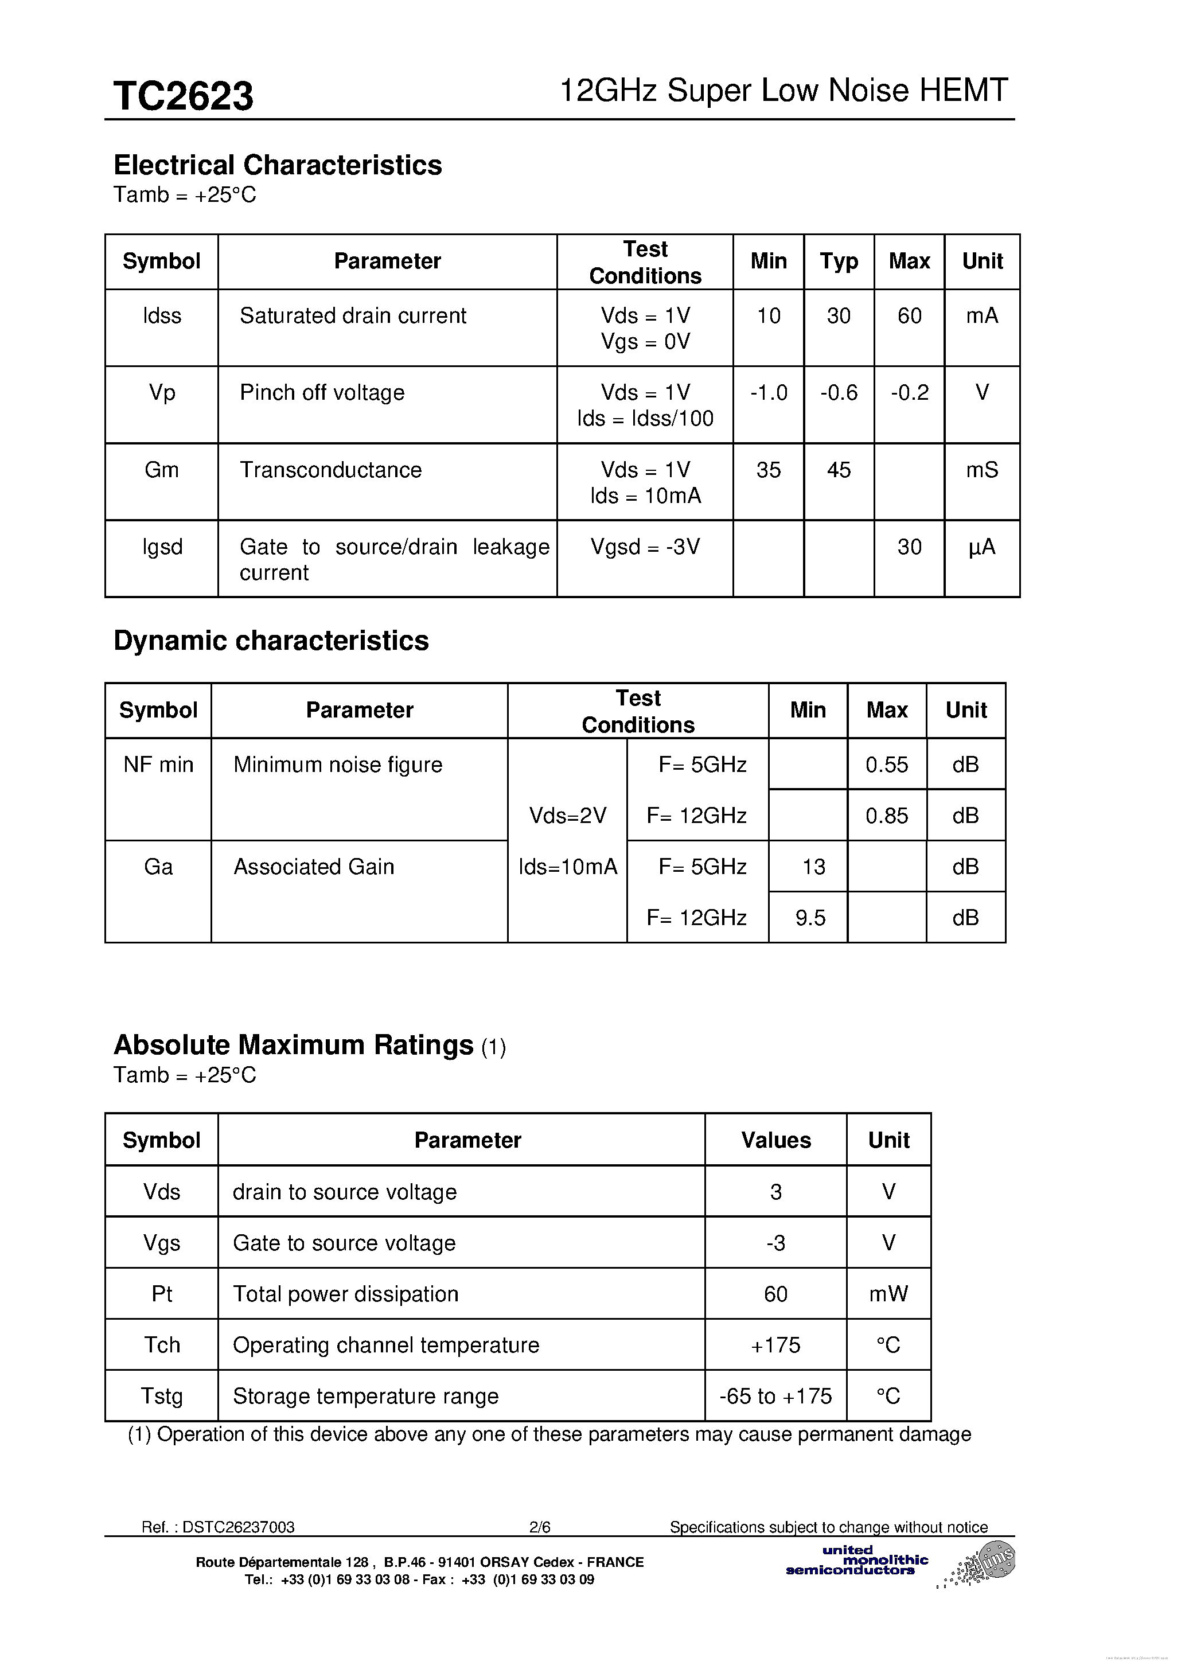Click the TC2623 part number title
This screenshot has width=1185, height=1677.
184,96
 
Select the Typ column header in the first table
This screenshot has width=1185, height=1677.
838,261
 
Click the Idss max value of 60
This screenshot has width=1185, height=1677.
909,315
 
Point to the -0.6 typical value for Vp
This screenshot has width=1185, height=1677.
838,392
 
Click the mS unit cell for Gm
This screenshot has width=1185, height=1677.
981,470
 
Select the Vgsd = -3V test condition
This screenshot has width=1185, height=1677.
644,547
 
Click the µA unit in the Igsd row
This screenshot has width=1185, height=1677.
981,547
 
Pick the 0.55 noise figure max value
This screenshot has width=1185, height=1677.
886,765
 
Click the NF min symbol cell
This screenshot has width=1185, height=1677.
158,765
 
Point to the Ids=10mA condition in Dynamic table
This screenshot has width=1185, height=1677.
568,867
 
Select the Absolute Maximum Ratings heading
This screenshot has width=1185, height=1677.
293,1045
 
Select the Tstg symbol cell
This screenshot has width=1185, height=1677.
161,1396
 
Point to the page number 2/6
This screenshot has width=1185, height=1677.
539,1527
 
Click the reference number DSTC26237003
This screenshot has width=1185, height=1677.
237,1527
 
